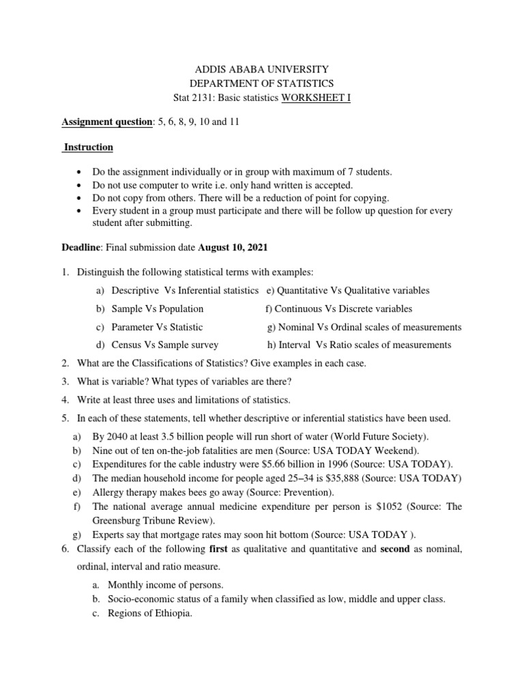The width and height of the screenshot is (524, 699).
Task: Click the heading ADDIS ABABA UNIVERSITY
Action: (x=263, y=69)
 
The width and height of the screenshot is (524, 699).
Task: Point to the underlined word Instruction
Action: (x=89, y=147)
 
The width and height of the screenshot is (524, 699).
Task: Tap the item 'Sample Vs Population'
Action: (x=158, y=309)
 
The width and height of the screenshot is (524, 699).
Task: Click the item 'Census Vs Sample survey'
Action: (x=165, y=345)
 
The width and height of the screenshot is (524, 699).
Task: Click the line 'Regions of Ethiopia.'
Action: (x=150, y=613)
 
